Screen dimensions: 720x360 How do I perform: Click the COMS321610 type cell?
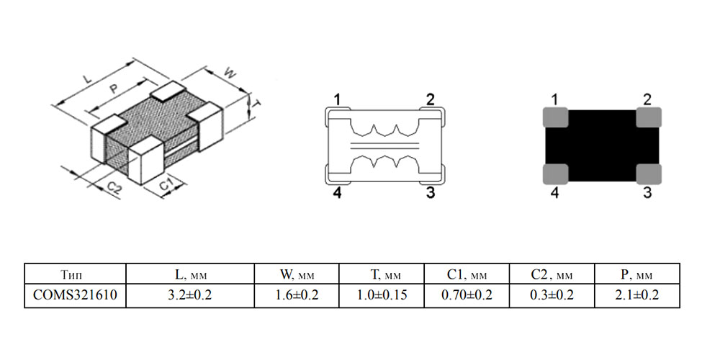pos(75,294)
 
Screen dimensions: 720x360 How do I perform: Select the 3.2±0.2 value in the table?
pos(190,294)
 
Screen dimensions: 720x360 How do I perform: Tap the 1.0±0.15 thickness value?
pos(382,294)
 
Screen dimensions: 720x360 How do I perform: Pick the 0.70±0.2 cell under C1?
pos(467,294)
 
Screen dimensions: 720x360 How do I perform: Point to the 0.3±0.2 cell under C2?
pos(552,294)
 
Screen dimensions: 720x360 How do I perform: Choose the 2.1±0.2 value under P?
pos(637,294)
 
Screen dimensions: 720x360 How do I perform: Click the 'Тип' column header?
pos(75,275)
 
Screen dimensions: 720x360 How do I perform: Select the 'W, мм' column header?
pos(297,275)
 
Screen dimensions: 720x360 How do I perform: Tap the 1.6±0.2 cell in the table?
pos(297,294)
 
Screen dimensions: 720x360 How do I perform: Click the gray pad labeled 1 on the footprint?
pos(556,117)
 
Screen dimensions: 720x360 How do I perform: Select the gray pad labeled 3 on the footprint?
pos(649,174)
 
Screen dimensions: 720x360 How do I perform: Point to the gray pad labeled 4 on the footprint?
pos(556,174)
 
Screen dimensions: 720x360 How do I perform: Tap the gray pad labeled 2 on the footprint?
pos(649,117)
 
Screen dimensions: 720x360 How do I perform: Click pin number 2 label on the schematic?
pos(431,99)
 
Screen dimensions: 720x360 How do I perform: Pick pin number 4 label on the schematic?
pos(338,193)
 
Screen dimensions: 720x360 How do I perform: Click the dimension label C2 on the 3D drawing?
pos(114,188)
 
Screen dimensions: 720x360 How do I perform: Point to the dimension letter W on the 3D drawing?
pos(229,73)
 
